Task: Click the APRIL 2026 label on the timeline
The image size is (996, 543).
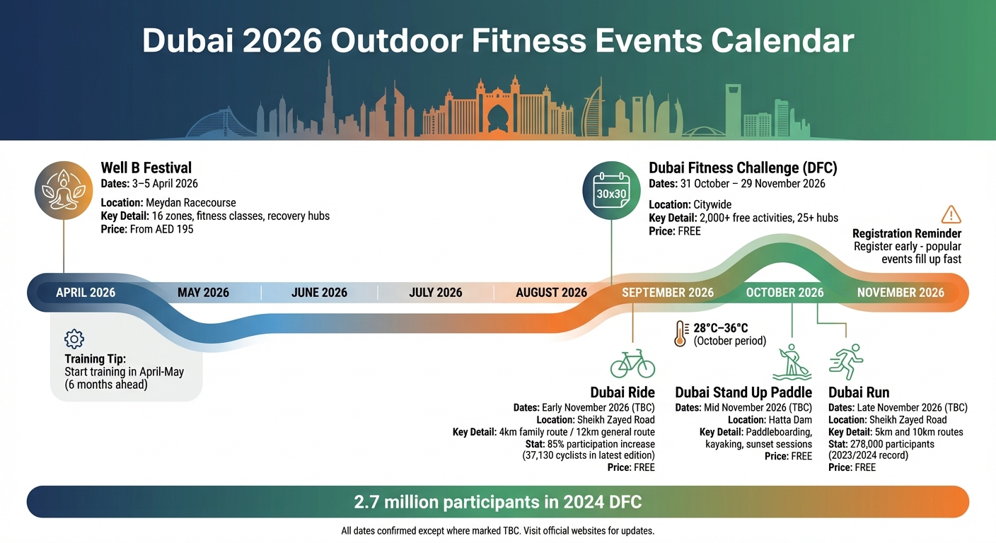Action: pos(86,292)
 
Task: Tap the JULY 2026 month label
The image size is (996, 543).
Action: pos(435,292)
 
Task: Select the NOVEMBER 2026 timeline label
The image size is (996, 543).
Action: pos(901,292)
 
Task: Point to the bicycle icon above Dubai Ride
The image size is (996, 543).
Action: pos(632,363)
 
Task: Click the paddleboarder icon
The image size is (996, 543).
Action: pos(791,363)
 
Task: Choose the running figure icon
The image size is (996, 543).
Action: pos(847,362)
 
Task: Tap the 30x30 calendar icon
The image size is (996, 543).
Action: pos(611,191)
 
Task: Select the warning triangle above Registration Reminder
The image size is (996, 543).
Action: pos(951,215)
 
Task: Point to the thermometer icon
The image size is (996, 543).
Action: pos(681,334)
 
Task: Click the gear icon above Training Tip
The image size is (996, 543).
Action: pos(74,339)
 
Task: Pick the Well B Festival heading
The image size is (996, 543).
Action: pos(146,168)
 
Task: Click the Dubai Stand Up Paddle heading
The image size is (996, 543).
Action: pos(743,392)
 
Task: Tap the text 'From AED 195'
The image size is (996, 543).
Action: pos(162,229)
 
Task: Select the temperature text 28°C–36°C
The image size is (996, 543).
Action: pos(721,328)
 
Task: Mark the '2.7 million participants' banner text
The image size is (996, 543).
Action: pos(497,502)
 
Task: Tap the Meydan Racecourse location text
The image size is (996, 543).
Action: pos(191,203)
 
